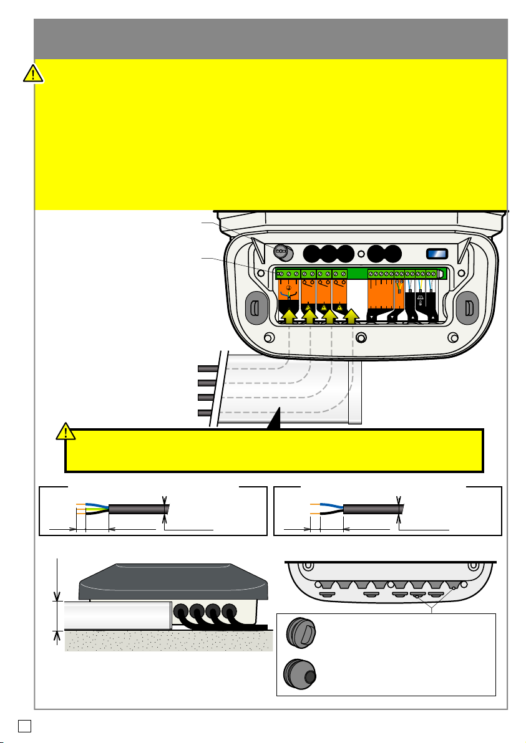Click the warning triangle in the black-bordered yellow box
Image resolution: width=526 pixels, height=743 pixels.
coord(66,431)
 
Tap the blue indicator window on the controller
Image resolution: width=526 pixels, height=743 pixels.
coord(436,254)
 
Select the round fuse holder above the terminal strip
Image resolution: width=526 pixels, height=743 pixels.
coord(281,252)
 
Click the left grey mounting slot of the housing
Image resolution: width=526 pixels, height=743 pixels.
coord(254,307)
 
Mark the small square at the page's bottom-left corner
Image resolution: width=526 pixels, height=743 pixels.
coord(22,726)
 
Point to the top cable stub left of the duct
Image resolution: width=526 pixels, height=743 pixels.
coord(205,369)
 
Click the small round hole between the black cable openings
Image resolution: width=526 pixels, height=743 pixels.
coord(361,254)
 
